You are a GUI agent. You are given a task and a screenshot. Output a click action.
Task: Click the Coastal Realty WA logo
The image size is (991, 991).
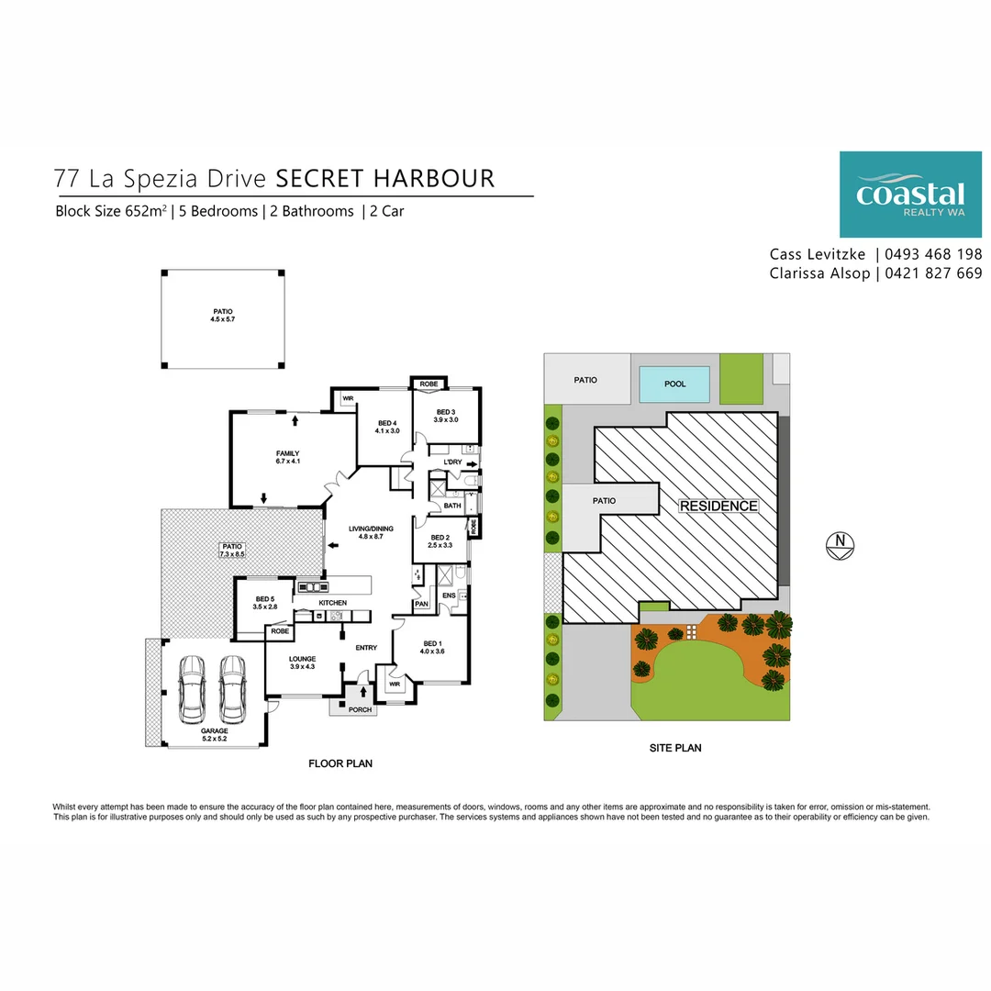910,195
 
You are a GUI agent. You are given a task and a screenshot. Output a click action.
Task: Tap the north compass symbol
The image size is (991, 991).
840,545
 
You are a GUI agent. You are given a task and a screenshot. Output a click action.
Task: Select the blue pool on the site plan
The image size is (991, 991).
674,384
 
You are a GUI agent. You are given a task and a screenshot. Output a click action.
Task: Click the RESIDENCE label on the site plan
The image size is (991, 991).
718,506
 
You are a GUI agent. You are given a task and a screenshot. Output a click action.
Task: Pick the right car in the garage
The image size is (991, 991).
233,688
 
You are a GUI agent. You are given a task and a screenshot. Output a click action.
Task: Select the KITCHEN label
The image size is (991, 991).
332,603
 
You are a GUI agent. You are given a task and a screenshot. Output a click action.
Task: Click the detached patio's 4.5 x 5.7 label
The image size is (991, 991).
223,319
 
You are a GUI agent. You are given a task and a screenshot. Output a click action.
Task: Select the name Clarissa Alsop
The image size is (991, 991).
818,273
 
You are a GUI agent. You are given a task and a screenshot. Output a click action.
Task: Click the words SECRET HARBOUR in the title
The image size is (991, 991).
385,177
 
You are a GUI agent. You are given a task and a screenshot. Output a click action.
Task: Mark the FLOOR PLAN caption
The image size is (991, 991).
340,763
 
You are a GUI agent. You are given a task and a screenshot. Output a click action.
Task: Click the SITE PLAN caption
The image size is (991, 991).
674,748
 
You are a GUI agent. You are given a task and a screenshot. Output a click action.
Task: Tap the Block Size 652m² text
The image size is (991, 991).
111,211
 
